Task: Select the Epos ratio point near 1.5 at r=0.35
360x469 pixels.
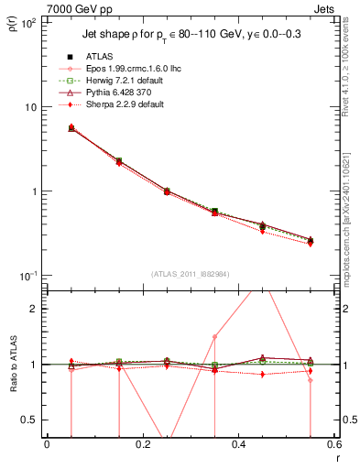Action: tap(214, 336)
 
